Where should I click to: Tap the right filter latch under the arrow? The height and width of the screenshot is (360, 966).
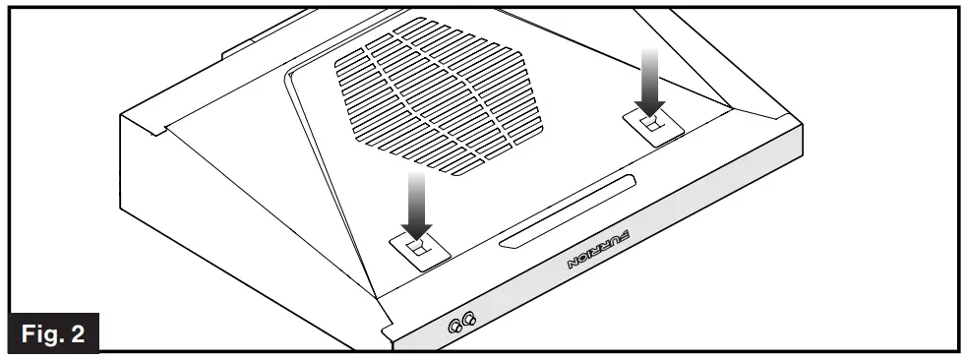650,124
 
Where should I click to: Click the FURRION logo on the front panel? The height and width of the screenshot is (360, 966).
599,248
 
